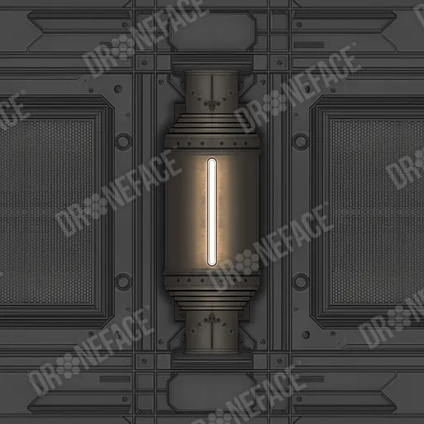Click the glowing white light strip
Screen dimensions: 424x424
click(x=212, y=212)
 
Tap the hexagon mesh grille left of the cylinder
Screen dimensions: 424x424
click(x=46, y=212)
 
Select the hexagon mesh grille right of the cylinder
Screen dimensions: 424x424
click(x=378, y=212)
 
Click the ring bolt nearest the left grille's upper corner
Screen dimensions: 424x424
click(x=123, y=142)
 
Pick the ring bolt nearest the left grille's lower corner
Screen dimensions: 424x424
click(x=123, y=282)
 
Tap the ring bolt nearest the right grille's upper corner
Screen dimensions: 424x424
click(x=301, y=142)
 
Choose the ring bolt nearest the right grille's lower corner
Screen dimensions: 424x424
click(x=301, y=282)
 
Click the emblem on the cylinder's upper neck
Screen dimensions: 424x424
click(x=212, y=104)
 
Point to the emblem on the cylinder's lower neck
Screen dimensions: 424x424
click(x=212, y=319)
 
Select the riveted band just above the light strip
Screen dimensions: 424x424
click(x=212, y=143)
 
